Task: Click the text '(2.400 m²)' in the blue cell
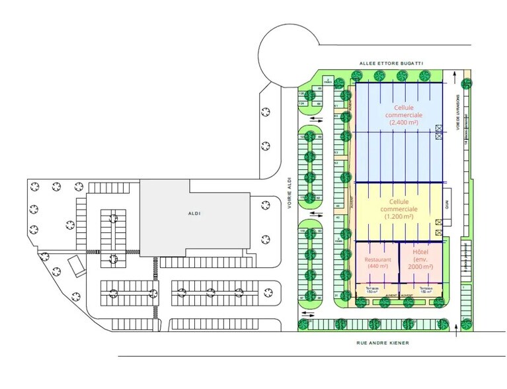pos(403,122)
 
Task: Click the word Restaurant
pos(377,260)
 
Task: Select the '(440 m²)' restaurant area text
pos(377,267)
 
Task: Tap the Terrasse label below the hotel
pos(426,290)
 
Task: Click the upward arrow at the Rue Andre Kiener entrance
pos(455,331)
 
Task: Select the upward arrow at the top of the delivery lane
pos(457,80)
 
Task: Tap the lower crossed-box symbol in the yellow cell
pos(438,233)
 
